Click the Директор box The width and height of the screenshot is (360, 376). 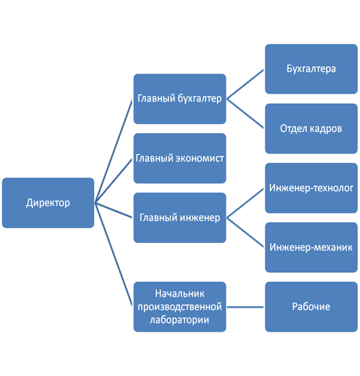tap(48, 203)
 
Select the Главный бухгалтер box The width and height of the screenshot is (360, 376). tap(179, 99)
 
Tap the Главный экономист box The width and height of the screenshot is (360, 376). tap(179, 158)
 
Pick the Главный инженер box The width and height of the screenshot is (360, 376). tap(179, 218)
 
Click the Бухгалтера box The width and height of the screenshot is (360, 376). tap(311, 69)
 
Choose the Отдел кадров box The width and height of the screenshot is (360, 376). tap(311, 128)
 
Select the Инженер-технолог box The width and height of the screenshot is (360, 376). tap(311, 188)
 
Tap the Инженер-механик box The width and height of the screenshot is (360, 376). tap(311, 248)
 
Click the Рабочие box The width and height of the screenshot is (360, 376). tap(311, 307)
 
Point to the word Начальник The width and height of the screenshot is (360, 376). tap(179, 293)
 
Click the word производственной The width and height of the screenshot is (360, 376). tap(179, 307)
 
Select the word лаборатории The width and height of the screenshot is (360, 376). tap(179, 320)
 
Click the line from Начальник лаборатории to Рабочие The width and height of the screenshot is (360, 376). tap(245, 307)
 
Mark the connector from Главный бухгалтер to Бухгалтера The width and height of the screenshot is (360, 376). tap(245, 84)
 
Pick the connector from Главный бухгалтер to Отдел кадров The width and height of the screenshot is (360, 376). tap(245, 113)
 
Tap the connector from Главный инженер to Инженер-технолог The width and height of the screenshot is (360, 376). tap(245, 203)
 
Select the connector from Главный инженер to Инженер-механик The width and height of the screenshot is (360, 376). tap(245, 233)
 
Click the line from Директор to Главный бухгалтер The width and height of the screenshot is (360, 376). tap(114, 151)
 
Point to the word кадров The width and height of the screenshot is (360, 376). tap(326, 129)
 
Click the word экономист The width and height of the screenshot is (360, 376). tap(200, 158)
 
